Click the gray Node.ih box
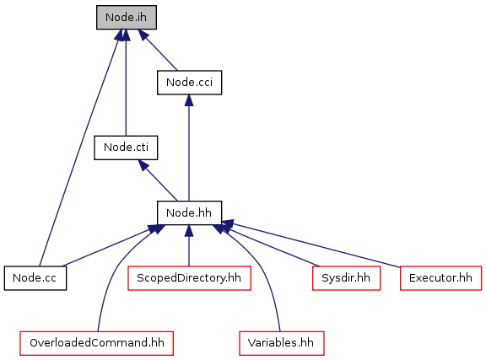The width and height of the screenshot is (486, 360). tap(127, 18)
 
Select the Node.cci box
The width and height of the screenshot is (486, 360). tap(189, 83)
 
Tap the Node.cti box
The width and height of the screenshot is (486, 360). tap(126, 148)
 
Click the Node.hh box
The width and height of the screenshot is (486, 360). tap(189, 212)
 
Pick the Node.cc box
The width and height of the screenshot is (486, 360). tap(35, 278)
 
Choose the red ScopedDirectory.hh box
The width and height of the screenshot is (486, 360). tap(189, 278)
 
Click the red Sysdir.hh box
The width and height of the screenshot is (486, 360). tap(346, 278)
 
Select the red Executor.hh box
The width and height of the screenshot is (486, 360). tap(440, 278)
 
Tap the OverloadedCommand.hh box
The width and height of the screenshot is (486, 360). tap(97, 343)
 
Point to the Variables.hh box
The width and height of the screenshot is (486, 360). tap(282, 343)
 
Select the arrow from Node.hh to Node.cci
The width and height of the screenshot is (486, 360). tap(189, 148)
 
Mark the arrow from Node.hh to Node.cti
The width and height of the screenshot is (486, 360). tap(158, 180)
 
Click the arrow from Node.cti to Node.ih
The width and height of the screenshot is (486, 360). tap(126, 83)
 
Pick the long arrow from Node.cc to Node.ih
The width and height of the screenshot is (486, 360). tap(79, 148)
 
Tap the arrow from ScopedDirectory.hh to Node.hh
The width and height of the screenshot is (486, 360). tap(189, 245)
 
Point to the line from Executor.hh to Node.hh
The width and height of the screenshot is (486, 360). tap(310, 244)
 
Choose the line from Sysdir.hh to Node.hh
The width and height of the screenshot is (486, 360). tap(270, 244)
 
